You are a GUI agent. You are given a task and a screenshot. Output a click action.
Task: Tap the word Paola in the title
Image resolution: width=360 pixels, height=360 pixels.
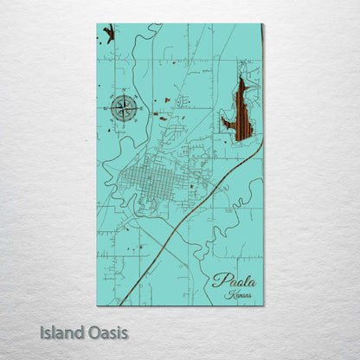[234, 281]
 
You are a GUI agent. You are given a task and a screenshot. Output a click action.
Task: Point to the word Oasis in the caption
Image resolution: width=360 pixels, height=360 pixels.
[106, 332]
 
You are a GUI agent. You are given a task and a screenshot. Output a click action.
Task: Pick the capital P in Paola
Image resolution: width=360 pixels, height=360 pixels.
[218, 281]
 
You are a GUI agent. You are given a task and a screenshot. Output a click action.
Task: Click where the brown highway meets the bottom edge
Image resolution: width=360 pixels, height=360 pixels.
[119, 303]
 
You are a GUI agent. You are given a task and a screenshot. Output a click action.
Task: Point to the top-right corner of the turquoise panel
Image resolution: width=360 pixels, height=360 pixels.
[261, 25]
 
